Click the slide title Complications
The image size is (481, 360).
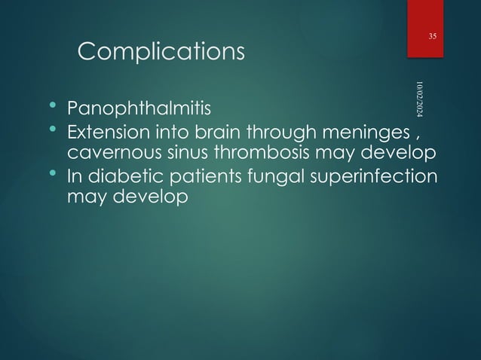pyautogui.click(x=161, y=51)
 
